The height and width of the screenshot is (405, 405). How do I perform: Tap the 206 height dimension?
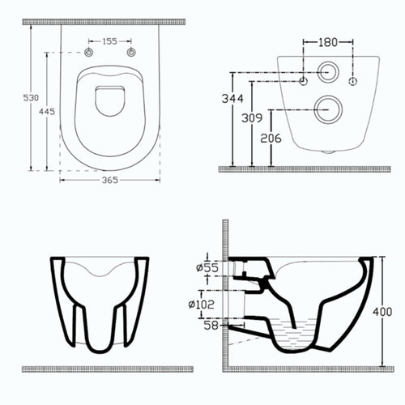[271, 139]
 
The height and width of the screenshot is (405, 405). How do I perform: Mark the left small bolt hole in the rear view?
[305, 82]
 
